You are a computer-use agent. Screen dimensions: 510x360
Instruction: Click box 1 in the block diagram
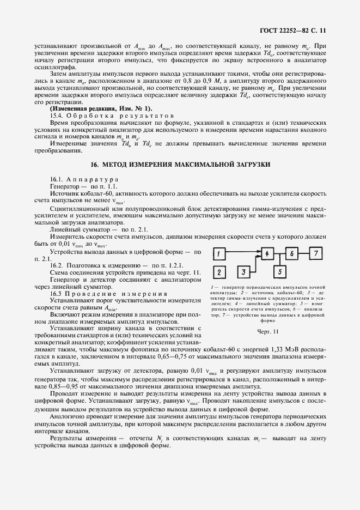218,254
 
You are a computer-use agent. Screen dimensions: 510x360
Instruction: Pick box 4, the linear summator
267,254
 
